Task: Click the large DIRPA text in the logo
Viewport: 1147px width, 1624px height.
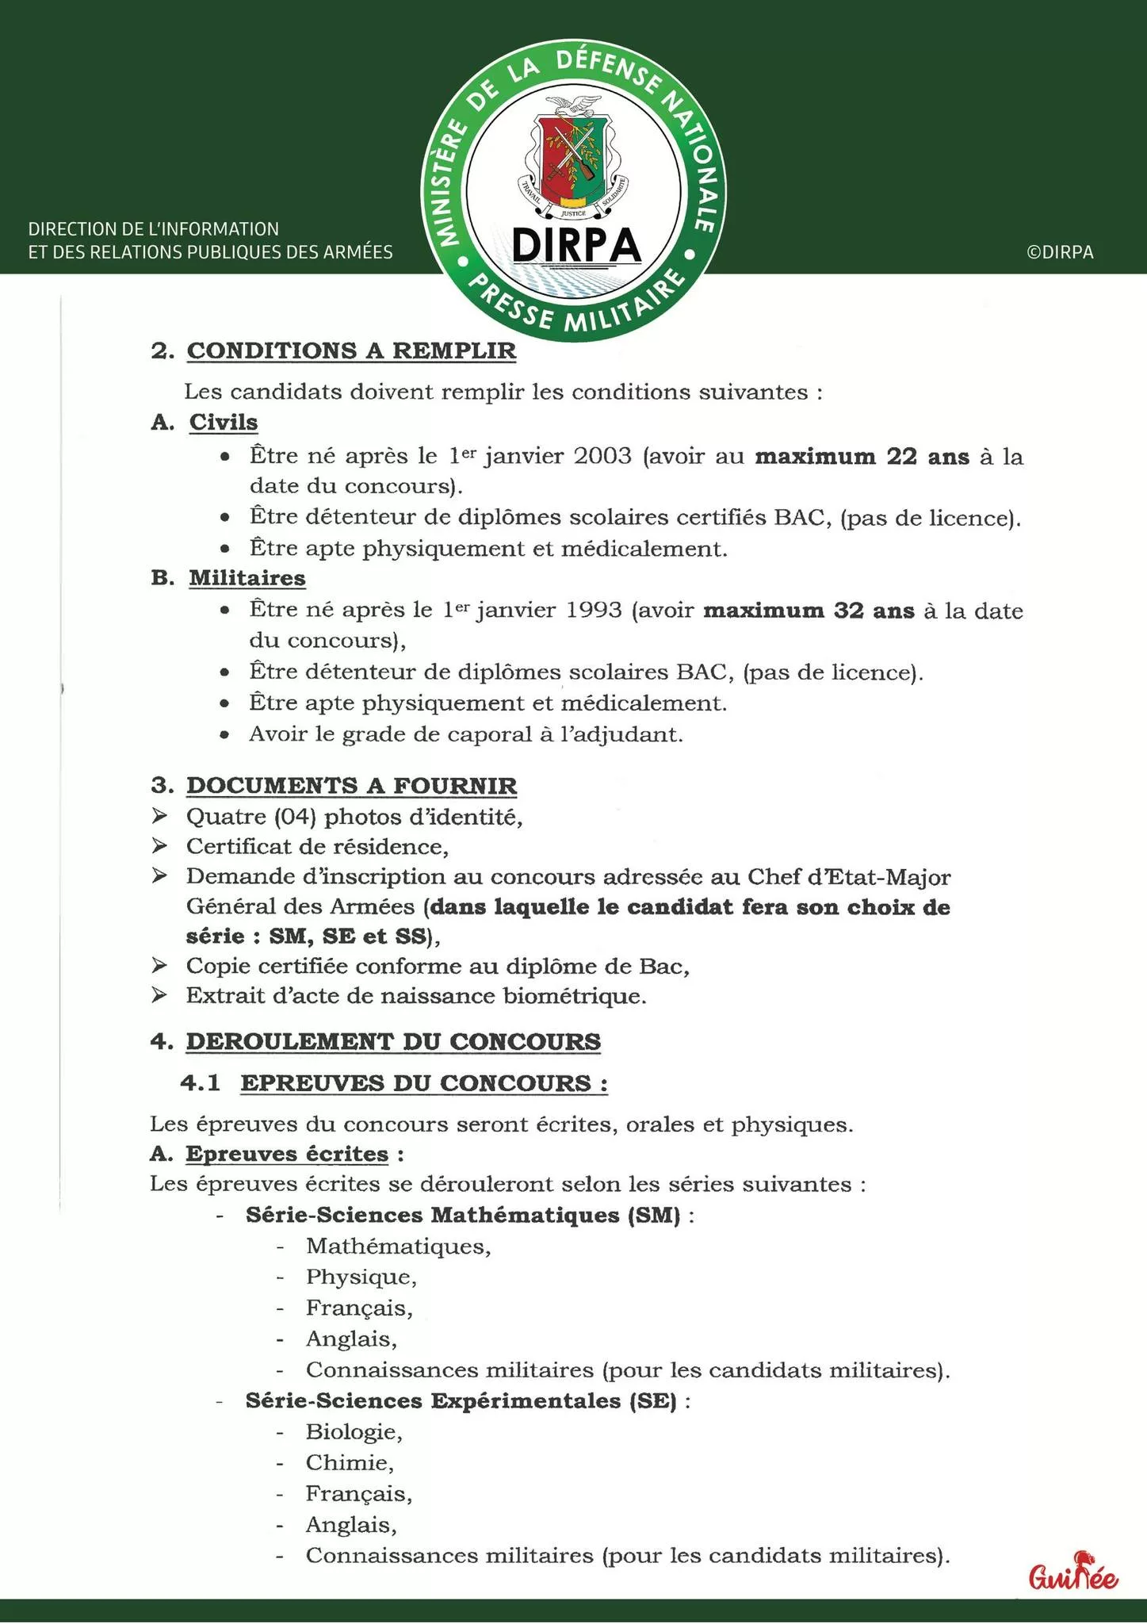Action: [575, 245]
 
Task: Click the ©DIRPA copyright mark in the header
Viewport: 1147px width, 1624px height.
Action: [1060, 252]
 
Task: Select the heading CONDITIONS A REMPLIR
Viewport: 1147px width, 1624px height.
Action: [351, 350]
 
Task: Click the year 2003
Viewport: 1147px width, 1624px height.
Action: [602, 456]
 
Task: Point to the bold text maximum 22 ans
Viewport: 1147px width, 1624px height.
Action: [862, 457]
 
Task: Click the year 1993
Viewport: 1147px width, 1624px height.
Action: [594, 611]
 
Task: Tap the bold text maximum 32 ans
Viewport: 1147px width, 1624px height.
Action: [809, 611]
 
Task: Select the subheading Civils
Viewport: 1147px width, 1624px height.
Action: [224, 422]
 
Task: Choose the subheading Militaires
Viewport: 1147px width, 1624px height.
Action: [247, 578]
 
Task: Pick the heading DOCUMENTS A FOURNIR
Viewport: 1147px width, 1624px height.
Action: [351, 786]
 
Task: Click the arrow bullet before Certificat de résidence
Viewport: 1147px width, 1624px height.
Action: [159, 846]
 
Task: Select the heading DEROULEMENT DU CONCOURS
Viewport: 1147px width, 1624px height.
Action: [393, 1041]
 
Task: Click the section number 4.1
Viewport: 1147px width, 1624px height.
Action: [200, 1083]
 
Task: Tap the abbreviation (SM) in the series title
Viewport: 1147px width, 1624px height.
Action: [653, 1215]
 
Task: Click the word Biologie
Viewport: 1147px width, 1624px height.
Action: [354, 1431]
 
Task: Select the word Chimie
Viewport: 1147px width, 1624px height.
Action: [349, 1462]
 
